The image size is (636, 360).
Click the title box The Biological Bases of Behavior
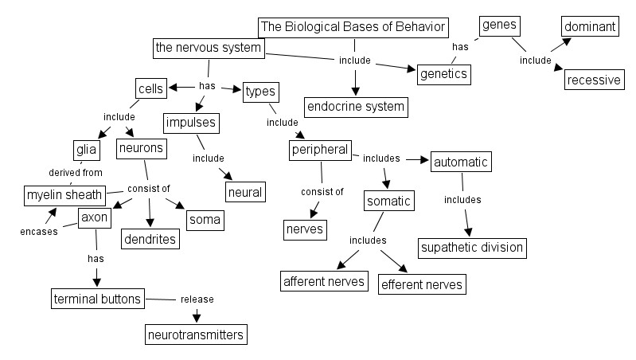pyautogui.click(x=354, y=27)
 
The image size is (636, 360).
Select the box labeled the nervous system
pyautogui.click(x=209, y=48)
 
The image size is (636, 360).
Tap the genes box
pyautogui.click(x=500, y=25)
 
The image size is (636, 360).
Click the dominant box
pyautogui.click(x=590, y=27)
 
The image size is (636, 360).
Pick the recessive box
pyautogui.click(x=593, y=80)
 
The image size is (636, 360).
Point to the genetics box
pyautogui.click(x=444, y=74)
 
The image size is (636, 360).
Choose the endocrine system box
pyautogui.click(x=356, y=106)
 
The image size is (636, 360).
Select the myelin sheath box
pyautogui.click(x=64, y=194)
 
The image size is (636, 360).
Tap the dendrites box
pyautogui.click(x=150, y=237)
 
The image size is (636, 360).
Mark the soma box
pyautogui.click(x=205, y=218)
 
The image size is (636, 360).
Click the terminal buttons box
pyautogui.click(x=98, y=299)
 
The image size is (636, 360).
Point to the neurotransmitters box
pyautogui.click(x=196, y=335)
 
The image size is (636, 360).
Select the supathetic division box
pyautogui.click(x=472, y=247)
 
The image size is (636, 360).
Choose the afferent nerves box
pyautogui.click(x=325, y=280)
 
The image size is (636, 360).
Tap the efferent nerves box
pyautogui.click(x=421, y=284)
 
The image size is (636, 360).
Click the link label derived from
pyautogui.click(x=75, y=172)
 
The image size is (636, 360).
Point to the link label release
pyautogui.click(x=197, y=299)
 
